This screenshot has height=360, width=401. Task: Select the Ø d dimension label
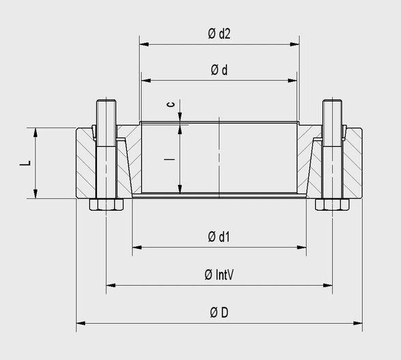[218, 71]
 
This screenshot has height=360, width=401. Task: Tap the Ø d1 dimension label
[218, 237]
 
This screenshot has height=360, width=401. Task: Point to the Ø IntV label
[219, 275]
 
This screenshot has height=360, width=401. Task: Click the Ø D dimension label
[219, 312]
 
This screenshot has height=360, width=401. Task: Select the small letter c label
[171, 105]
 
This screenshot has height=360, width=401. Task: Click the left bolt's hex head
[106, 205]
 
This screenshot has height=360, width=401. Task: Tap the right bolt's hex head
[332, 205]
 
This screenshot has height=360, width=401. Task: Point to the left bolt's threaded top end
[106, 109]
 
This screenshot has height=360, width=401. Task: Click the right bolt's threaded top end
[332, 109]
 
